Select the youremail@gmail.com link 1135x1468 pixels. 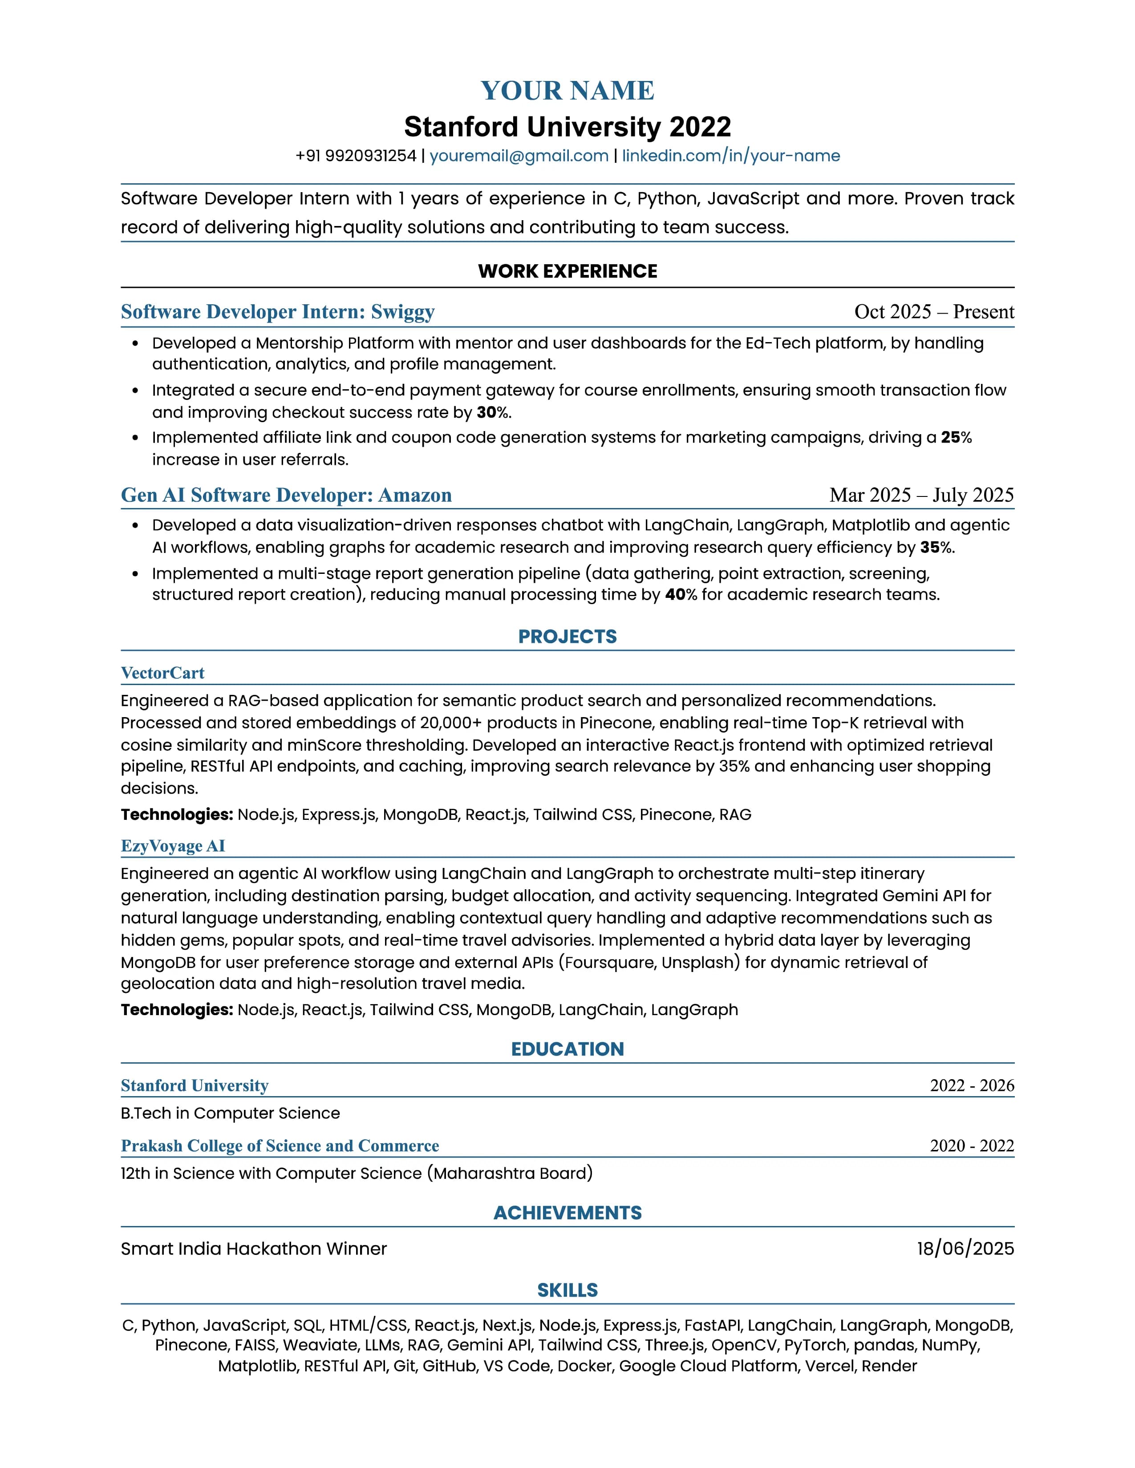pyautogui.click(x=519, y=156)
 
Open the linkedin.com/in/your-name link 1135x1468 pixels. pyautogui.click(x=730, y=156)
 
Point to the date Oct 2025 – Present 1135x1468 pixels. pyautogui.click(x=933, y=312)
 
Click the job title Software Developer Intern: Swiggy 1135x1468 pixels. pyautogui.click(x=278, y=312)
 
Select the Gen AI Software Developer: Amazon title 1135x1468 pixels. pyautogui.click(x=286, y=496)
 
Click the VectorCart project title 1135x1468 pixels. pyautogui.click(x=163, y=673)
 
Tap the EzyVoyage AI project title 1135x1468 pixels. pyautogui.click(x=173, y=846)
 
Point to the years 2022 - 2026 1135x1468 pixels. pyautogui.click(x=972, y=1085)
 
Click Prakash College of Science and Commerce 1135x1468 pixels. pyautogui.click(x=280, y=1146)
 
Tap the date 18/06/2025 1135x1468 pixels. pyautogui.click(x=965, y=1249)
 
